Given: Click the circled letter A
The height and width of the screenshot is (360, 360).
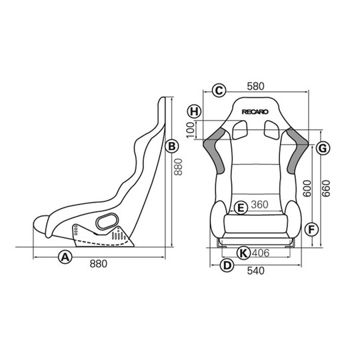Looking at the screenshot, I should pos(65,256).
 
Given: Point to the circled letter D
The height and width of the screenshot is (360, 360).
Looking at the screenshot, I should pos(227,265).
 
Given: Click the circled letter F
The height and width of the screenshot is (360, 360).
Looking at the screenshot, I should pos(309,229).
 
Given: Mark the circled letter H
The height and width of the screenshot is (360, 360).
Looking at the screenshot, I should pos(193,111).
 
